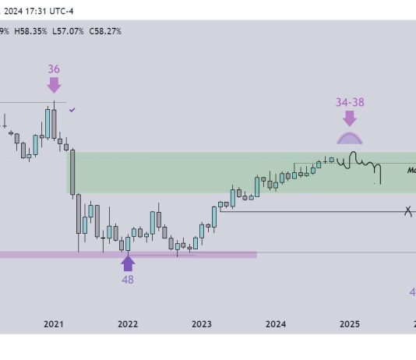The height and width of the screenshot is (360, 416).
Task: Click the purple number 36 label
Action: tap(54, 69)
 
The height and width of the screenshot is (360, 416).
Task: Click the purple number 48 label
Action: tap(128, 279)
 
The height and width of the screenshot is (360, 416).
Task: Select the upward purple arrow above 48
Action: tap(128, 263)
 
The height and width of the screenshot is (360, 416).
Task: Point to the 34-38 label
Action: tap(349, 102)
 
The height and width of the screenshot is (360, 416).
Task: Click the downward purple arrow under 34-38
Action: tap(349, 118)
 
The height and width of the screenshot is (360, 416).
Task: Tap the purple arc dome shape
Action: tap(349, 138)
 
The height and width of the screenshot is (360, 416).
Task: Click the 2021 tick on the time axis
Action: tap(53, 323)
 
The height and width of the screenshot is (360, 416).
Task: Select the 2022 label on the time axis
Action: tap(128, 323)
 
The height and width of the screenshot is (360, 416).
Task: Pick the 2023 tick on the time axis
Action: tap(202, 323)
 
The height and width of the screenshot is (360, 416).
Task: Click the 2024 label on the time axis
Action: tap(275, 323)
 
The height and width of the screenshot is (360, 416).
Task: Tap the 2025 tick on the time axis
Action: tap(349, 323)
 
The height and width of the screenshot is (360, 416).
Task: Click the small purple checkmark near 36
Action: tap(72, 111)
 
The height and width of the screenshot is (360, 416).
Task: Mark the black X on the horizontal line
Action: tap(407, 210)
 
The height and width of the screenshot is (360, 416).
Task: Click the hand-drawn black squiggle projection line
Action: tap(358, 164)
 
